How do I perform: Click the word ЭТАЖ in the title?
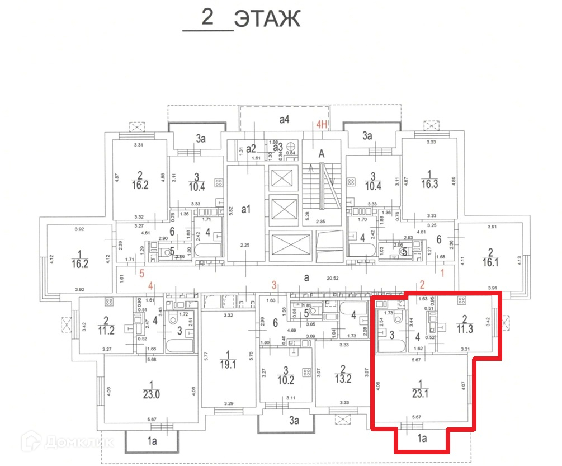[x=267, y=18]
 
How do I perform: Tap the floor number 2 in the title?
[x=208, y=18]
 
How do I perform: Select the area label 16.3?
[x=429, y=184]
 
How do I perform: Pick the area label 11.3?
[x=464, y=328]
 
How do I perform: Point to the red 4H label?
[x=322, y=125]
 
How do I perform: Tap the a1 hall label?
[x=247, y=209]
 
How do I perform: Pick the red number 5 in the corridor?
[x=142, y=274]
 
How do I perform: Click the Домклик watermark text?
[x=78, y=443]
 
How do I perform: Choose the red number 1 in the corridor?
[x=442, y=274]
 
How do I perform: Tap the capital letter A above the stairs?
[x=322, y=153]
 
